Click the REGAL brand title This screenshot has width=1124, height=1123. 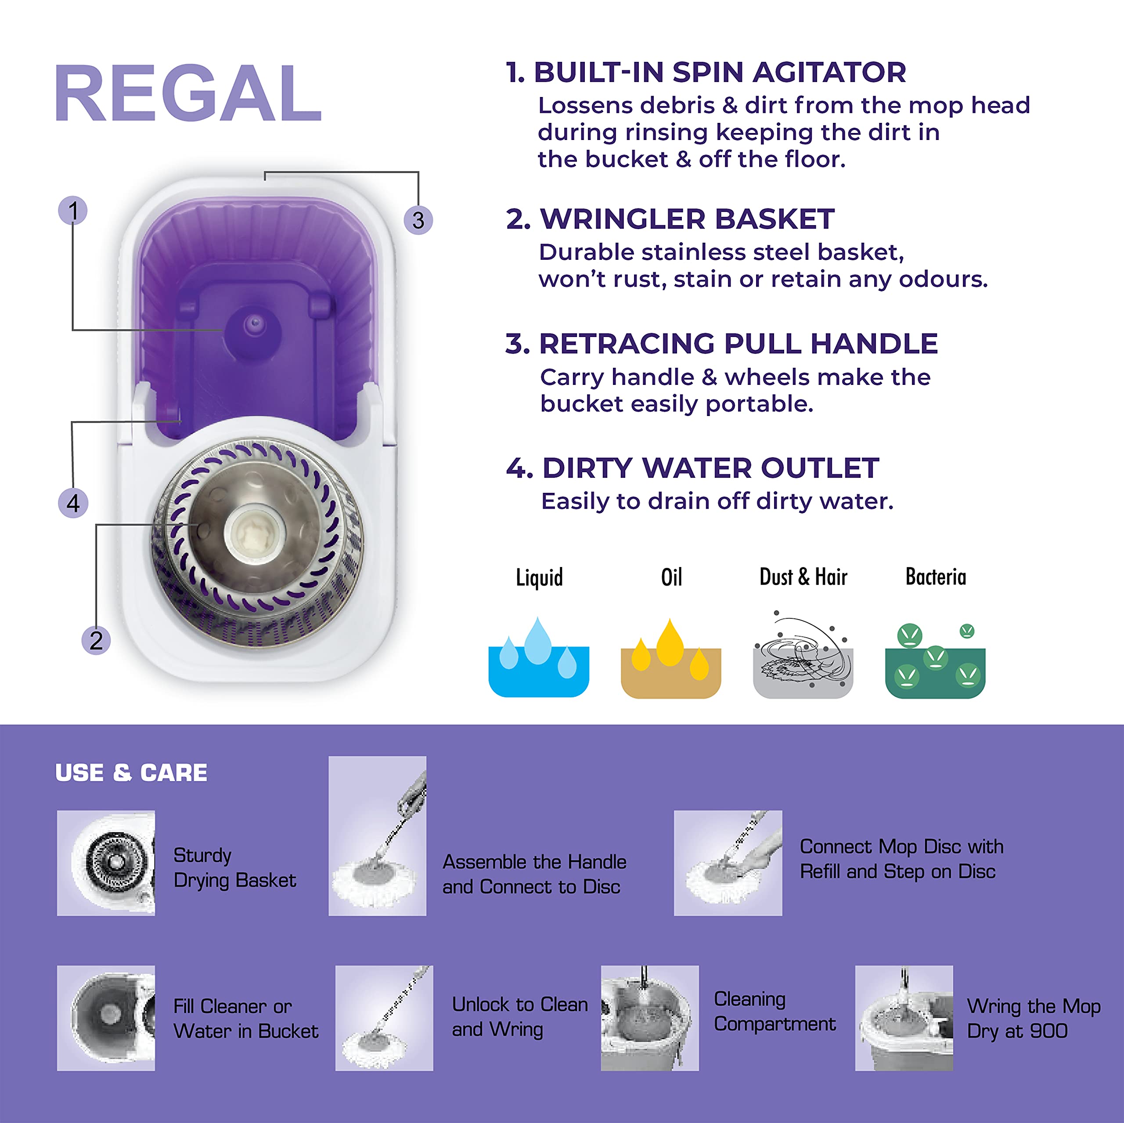[x=188, y=93]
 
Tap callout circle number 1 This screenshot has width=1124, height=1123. [x=73, y=211]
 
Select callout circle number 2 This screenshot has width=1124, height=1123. [x=96, y=640]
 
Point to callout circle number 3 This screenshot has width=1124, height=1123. [x=418, y=220]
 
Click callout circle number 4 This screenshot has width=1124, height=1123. [x=73, y=503]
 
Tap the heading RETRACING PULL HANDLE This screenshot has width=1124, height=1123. [x=721, y=344]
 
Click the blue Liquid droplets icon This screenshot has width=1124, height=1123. [x=539, y=657]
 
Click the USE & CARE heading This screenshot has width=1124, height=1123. [x=131, y=773]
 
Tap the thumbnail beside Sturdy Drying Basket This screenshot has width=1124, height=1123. [x=106, y=863]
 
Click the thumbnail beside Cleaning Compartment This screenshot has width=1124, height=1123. [x=650, y=1018]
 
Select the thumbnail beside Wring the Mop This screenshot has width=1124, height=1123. [x=904, y=1018]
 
